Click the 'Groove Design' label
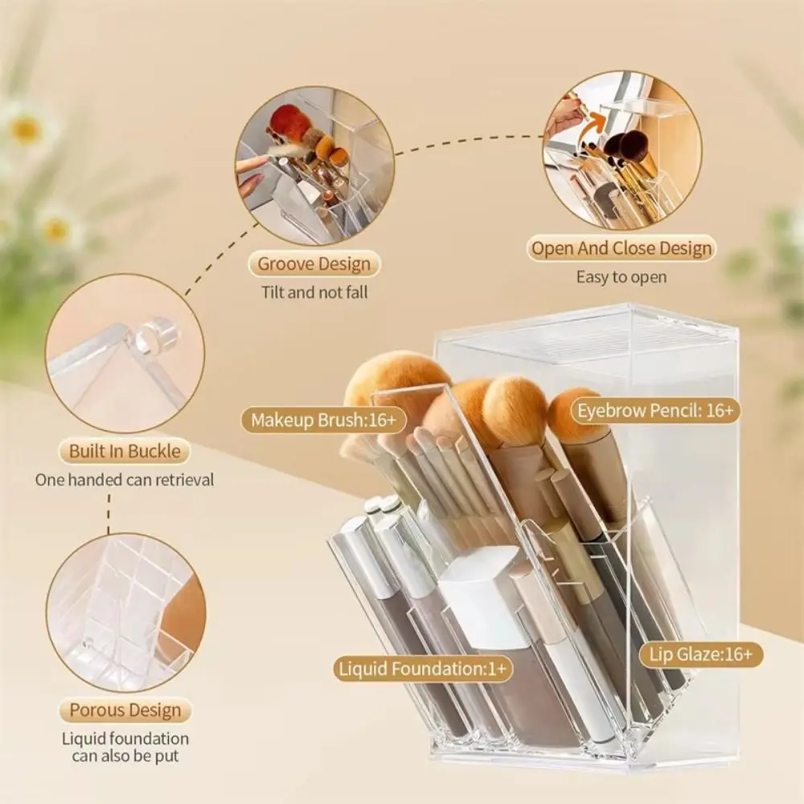(314, 265)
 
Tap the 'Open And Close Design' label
(621, 248)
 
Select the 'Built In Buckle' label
(125, 451)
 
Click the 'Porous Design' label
(125, 710)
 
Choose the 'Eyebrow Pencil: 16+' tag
(655, 411)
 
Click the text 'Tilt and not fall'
(314, 293)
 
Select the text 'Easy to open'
(621, 277)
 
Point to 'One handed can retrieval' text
(125, 480)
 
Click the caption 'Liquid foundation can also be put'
(125, 747)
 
